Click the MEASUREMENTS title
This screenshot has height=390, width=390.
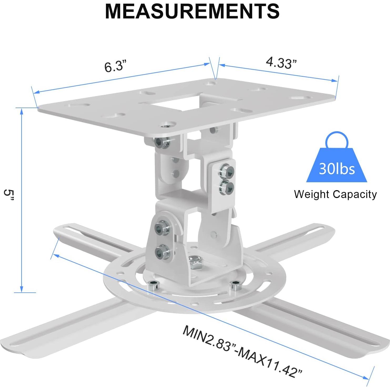tap(192, 11)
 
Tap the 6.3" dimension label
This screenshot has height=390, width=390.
tap(114, 66)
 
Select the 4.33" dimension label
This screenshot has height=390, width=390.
tap(281, 63)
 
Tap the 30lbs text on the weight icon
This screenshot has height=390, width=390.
tap(337, 169)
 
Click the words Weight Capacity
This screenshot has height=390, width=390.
tap(335, 194)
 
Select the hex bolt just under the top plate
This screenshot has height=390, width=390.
tap(160, 143)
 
